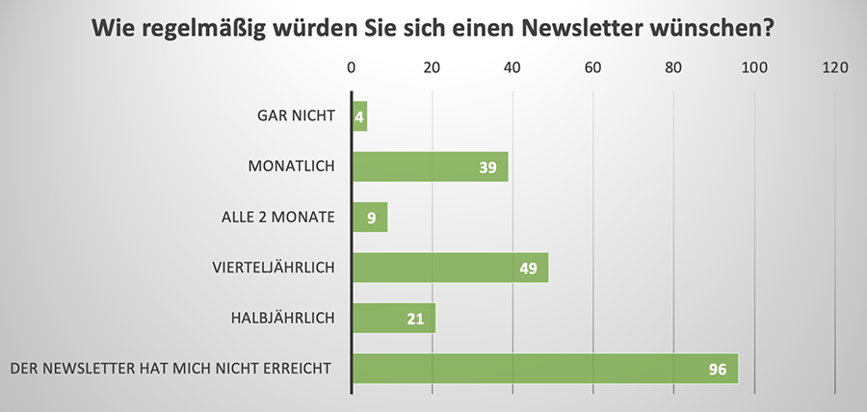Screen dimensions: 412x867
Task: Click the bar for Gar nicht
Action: (x=360, y=116)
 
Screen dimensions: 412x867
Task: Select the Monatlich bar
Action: (x=430, y=167)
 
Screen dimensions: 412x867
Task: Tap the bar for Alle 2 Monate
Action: (x=370, y=217)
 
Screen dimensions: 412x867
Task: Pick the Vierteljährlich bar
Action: (x=450, y=268)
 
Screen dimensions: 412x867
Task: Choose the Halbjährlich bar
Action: (x=394, y=318)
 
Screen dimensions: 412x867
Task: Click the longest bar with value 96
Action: (x=544, y=369)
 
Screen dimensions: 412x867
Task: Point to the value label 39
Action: (x=487, y=167)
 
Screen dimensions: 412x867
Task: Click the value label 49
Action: (x=528, y=268)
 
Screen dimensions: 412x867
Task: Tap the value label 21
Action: (x=415, y=319)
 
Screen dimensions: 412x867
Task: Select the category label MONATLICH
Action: (x=291, y=167)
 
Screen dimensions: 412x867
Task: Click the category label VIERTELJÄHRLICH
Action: (x=273, y=267)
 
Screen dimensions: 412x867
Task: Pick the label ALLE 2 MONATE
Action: (x=277, y=217)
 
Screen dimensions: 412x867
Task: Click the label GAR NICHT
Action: (x=296, y=116)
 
